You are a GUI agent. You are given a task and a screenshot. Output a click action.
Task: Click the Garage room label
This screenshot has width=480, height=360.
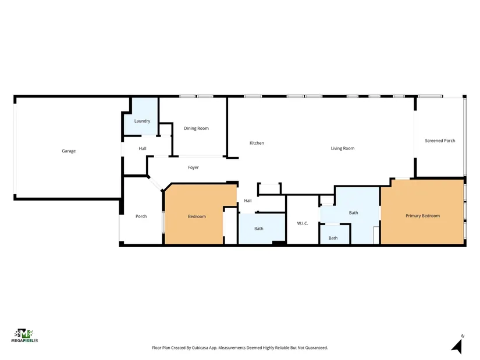click(x=69, y=151)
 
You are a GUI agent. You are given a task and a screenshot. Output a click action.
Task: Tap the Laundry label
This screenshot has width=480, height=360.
click(x=142, y=121)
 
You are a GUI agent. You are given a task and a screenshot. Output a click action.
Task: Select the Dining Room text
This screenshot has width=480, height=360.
click(x=196, y=129)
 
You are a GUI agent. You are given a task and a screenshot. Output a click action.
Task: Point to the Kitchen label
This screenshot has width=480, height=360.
click(x=257, y=143)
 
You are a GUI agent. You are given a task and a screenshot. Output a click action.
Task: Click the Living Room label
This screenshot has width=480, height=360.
click(x=343, y=148)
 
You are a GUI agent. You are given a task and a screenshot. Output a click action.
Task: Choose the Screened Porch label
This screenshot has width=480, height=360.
click(x=440, y=141)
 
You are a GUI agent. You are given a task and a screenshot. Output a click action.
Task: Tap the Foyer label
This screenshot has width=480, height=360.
click(x=193, y=167)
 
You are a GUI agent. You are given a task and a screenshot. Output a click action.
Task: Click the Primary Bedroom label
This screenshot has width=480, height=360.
click(x=422, y=216)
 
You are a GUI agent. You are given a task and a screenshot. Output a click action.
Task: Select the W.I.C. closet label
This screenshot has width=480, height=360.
click(x=303, y=223)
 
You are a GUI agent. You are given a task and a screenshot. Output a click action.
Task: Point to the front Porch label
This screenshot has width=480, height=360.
click(x=141, y=216)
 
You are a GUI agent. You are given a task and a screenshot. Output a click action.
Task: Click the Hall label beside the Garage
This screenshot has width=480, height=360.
click(x=143, y=148)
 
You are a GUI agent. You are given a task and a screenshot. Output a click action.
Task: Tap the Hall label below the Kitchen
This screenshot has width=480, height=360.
click(x=248, y=201)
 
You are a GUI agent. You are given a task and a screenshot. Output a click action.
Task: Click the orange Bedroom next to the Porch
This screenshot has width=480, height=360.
click(x=197, y=216)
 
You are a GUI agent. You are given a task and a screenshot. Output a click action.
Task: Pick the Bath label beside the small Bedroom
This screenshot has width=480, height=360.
click(x=259, y=229)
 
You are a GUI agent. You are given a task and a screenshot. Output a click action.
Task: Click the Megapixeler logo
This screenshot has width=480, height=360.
click(x=24, y=336)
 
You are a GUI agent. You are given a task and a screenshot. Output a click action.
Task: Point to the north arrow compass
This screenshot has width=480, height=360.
click(x=457, y=345)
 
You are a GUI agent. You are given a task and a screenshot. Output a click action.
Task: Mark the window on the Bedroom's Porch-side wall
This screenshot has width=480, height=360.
click(x=163, y=222)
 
